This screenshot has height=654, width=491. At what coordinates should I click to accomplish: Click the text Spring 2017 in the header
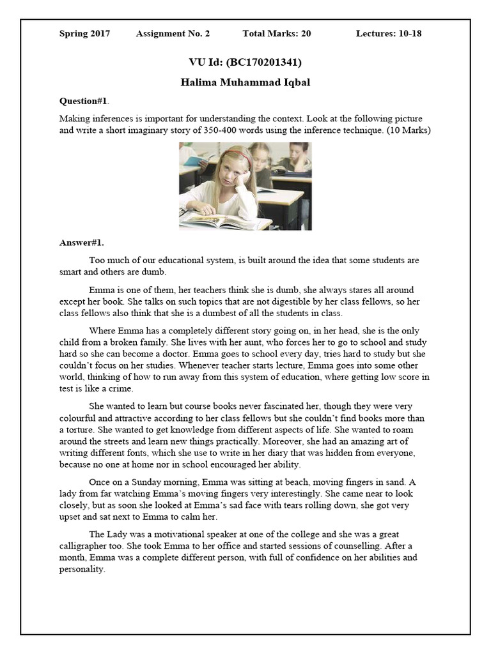click(x=84, y=34)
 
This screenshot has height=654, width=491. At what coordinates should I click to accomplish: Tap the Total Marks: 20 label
click(x=277, y=34)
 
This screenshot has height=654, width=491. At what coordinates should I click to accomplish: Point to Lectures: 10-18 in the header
click(x=389, y=34)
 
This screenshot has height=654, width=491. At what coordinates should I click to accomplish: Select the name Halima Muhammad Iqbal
click(x=245, y=83)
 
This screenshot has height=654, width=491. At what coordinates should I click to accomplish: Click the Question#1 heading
click(x=84, y=101)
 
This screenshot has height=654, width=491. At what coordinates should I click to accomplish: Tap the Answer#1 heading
click(x=81, y=243)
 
